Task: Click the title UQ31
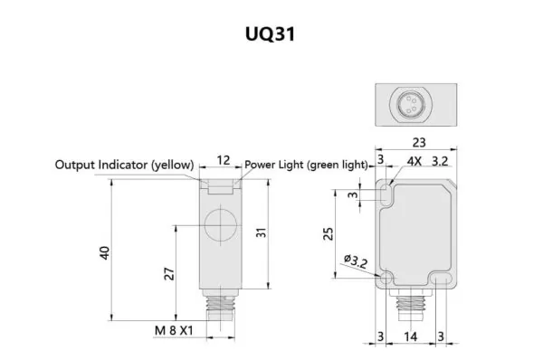tap(271, 33)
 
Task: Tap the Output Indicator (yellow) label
tap(124, 165)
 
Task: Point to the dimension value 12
tap(222, 161)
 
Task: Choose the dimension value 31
tap(261, 232)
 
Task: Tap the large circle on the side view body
tap(219, 224)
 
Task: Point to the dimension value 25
tap(329, 234)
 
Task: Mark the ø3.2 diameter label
tap(357, 263)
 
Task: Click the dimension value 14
tap(412, 336)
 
